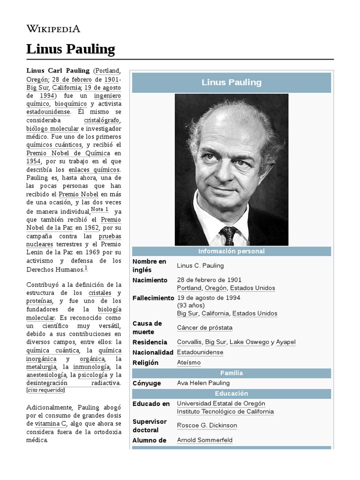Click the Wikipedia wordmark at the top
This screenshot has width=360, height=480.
[53, 29]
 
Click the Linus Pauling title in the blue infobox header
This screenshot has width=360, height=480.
[231, 82]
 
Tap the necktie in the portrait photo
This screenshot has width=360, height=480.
[228, 235]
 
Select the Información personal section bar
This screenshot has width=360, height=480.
[231, 251]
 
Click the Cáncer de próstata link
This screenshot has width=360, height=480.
[204, 328]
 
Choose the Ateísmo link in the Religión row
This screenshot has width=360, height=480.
[188, 362]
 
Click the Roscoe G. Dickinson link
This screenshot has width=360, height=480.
[207, 425]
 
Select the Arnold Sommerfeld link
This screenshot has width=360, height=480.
[204, 440]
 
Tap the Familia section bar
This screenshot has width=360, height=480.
[231, 373]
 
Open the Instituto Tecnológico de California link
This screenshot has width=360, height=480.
[225, 412]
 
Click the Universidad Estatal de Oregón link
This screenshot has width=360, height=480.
[221, 404]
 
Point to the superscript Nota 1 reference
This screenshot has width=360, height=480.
[99, 210]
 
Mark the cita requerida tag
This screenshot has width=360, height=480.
[45, 390]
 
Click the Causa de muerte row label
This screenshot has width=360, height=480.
[147, 328]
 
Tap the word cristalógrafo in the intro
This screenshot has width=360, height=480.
[102, 120]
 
